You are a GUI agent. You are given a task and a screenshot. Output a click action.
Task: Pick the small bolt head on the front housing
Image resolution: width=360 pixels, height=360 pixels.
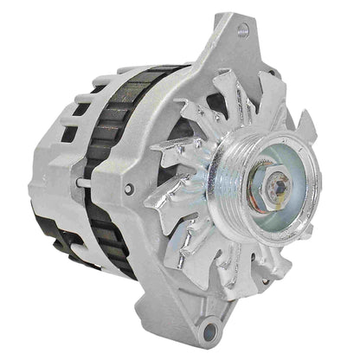131,189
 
